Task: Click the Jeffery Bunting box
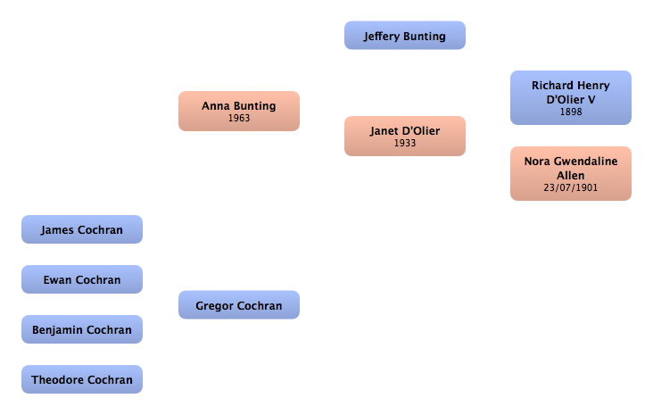coord(405,36)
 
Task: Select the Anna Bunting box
coord(238,111)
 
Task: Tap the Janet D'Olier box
coord(405,136)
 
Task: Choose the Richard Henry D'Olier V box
coord(570,97)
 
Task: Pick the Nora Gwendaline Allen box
coord(570,173)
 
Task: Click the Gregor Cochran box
coord(238,305)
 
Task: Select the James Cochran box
coord(82,229)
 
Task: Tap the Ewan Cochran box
coord(82,279)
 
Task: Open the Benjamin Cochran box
coord(82,329)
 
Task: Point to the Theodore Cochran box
coord(82,379)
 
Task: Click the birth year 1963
coord(238,118)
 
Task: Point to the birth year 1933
coord(405,143)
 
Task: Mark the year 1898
coord(570,112)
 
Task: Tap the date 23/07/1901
coord(570,188)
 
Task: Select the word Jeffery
coord(383,37)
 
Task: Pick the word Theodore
coord(56,379)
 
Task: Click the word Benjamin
coord(57,329)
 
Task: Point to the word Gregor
coord(214,306)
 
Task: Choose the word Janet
coord(384,131)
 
